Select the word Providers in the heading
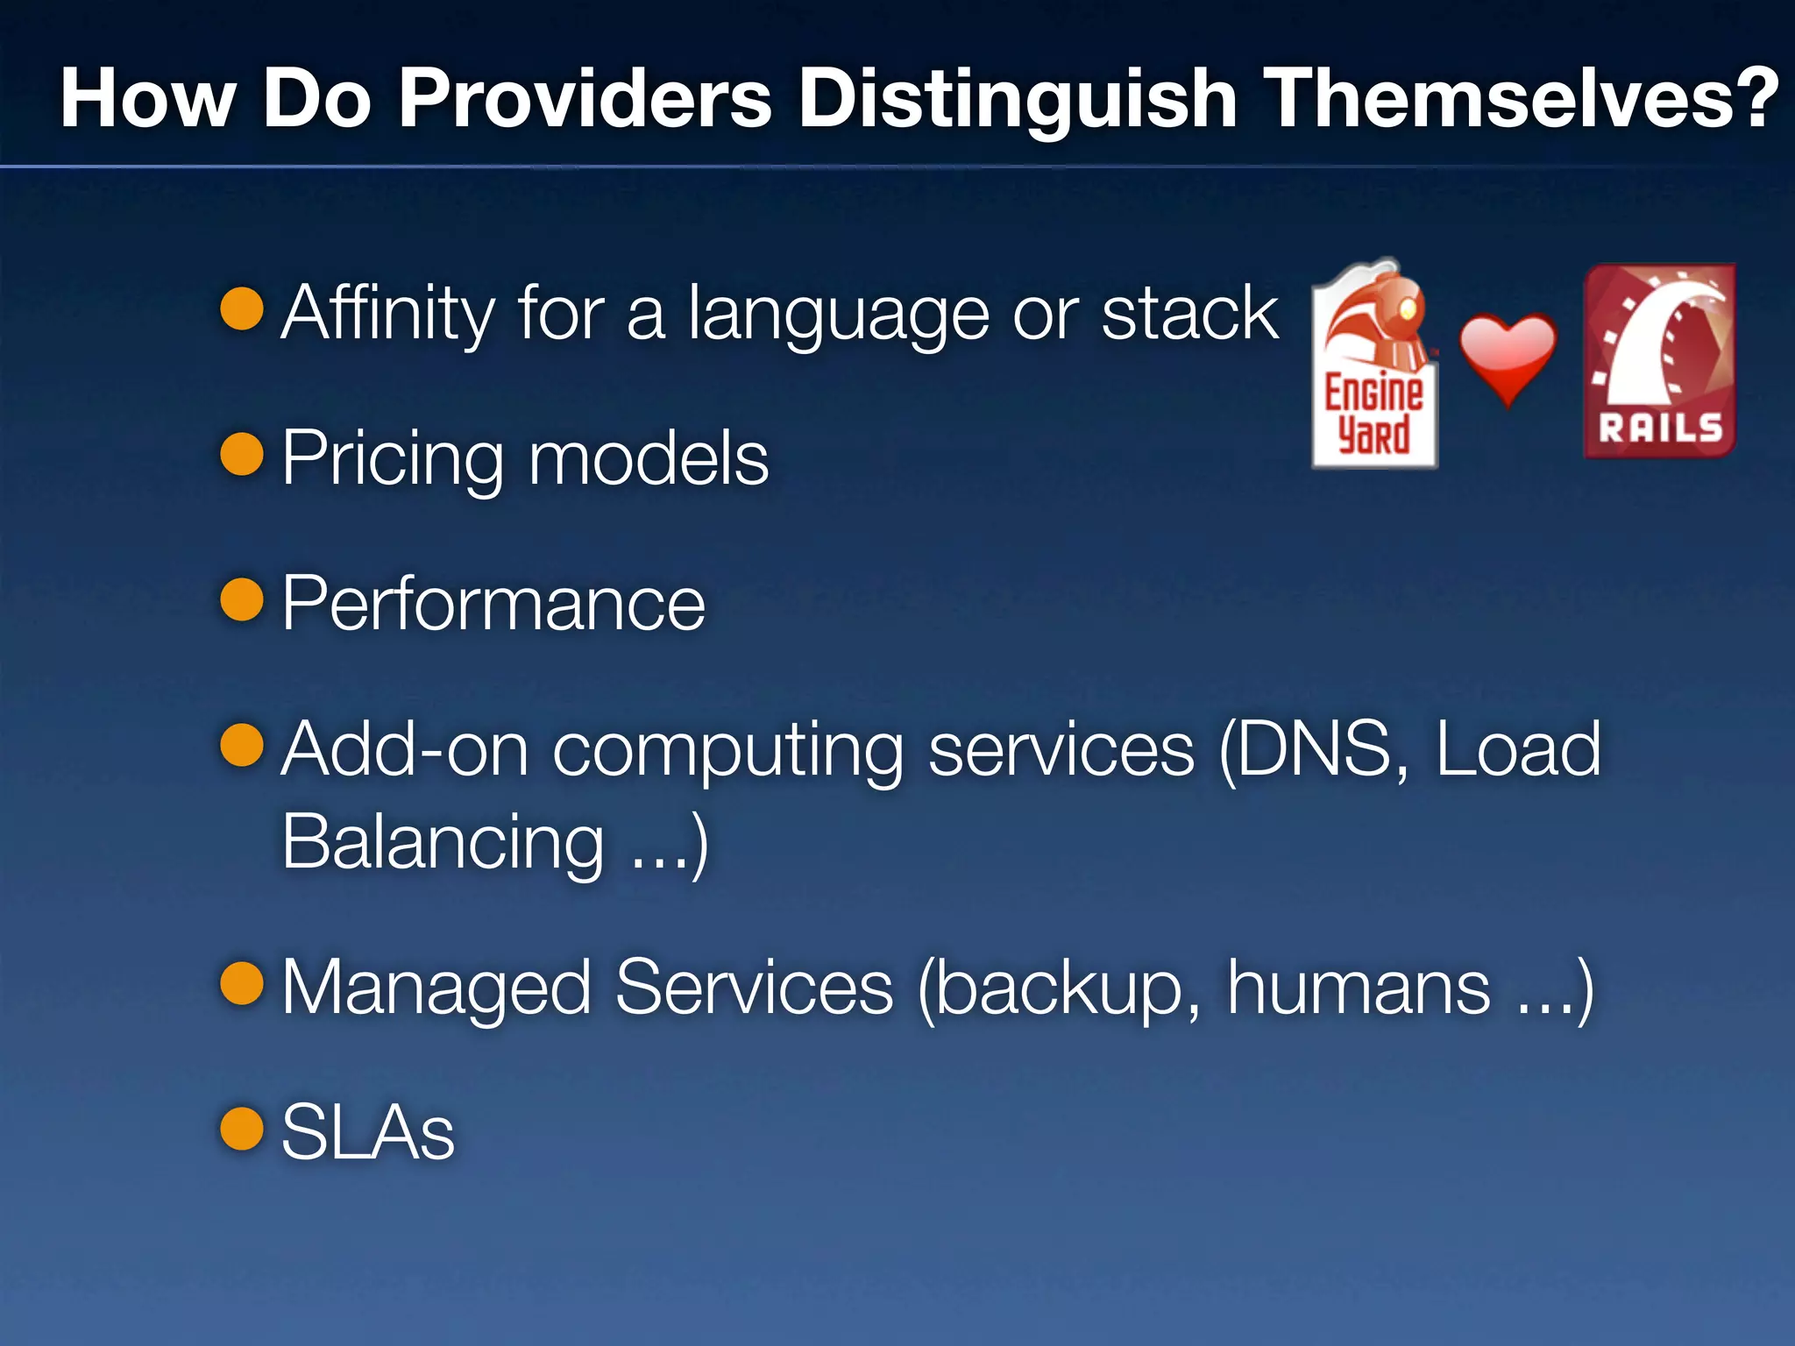585,98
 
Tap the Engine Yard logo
1373,364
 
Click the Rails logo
1659,360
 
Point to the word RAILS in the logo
1660,429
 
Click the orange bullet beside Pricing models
242,454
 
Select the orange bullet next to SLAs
242,1128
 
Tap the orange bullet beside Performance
242,599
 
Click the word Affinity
388,314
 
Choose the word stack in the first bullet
1189,314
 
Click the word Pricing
393,459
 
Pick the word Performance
493,604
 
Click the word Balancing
443,841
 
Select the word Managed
436,988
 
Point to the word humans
1358,988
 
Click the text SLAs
367,1132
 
